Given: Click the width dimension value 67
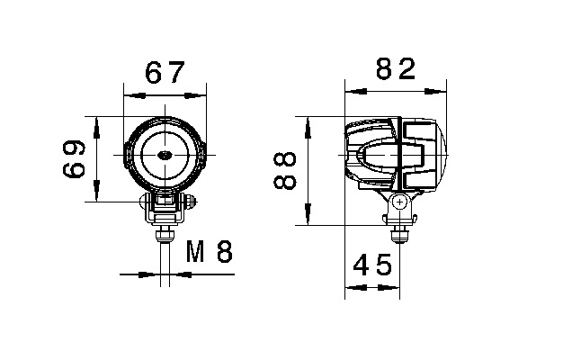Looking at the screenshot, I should point(165,73).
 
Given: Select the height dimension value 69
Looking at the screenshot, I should point(76,158).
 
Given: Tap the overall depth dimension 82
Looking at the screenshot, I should point(395,69).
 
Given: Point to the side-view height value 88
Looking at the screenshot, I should point(284,170).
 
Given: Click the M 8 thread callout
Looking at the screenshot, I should point(209,251).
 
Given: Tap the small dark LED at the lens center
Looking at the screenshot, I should point(165,156).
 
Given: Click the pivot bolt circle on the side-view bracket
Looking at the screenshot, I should point(397,203).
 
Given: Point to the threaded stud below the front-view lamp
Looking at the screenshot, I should point(165,237).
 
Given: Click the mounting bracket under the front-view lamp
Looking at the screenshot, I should point(165,208).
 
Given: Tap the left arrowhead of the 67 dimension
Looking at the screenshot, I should point(130,93).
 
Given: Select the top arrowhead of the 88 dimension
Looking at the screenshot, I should point(308,122).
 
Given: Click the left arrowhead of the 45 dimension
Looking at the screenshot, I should point(353,288).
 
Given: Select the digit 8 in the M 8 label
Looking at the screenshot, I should point(225,251).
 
